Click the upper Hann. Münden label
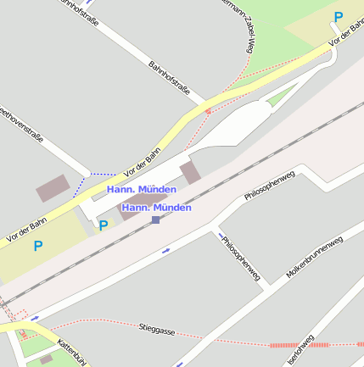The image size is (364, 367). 142,189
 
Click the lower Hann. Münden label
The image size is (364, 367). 156,207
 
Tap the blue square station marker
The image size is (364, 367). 155,220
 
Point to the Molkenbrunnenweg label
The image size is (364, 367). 314,258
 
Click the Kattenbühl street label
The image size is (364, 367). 73,352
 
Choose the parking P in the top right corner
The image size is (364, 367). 339,17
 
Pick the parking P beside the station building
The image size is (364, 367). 104,225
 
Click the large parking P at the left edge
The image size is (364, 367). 37,247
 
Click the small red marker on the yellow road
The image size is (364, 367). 208,110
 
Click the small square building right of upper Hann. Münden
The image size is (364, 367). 191,173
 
